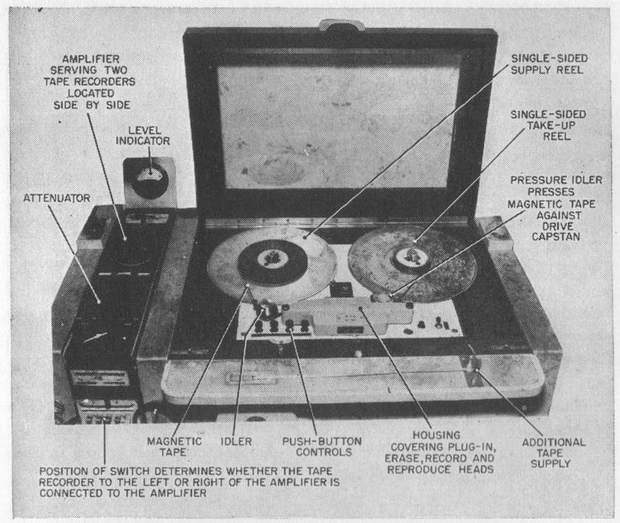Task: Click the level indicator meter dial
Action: [150, 181]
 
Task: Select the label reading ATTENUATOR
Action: [57, 198]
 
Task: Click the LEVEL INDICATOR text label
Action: [143, 136]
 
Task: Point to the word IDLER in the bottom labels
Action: [236, 442]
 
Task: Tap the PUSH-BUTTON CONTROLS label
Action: [322, 447]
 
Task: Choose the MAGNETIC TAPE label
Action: [174, 447]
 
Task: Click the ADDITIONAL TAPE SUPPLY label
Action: [553, 453]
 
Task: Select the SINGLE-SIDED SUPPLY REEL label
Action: [549, 64]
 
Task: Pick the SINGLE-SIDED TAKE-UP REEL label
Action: [549, 126]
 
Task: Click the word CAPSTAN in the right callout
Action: [556, 237]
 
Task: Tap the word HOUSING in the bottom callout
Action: [436, 435]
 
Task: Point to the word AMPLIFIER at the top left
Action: [91, 59]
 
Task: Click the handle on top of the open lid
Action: [341, 25]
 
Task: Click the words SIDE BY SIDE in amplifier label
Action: [91, 105]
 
